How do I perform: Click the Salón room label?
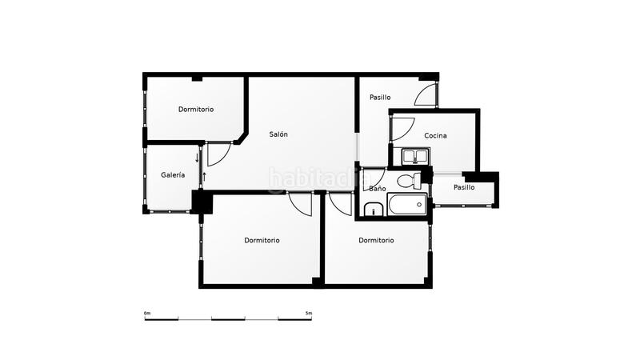click(278, 134)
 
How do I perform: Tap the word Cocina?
click(435, 135)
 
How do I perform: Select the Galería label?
click(173, 174)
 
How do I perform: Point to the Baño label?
click(378, 189)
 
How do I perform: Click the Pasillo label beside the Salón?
click(380, 98)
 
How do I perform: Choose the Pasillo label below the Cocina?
click(464, 187)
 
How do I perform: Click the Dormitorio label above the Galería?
click(196, 109)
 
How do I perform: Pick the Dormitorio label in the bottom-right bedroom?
click(376, 240)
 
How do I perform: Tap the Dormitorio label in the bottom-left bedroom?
click(262, 240)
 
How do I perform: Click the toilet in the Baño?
click(408, 180)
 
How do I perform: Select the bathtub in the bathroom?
click(409, 205)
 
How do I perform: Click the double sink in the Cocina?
click(415, 154)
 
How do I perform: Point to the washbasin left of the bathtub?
click(374, 211)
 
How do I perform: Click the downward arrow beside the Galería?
click(197, 157)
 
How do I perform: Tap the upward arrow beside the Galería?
click(204, 175)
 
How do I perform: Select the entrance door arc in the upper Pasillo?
click(426, 96)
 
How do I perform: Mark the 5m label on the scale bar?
click(309, 313)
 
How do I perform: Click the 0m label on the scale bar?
click(147, 313)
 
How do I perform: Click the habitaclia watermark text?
click(312, 178)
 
